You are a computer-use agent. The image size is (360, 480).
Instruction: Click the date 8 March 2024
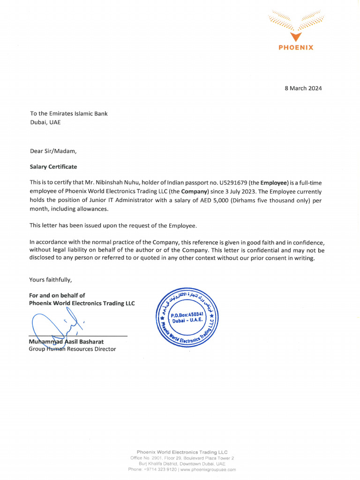click(x=303, y=88)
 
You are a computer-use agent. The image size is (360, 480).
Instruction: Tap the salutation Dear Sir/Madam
click(x=52, y=151)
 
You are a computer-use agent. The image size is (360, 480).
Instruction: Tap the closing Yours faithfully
click(x=51, y=280)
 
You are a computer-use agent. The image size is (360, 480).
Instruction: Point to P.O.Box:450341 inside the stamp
click(x=187, y=315)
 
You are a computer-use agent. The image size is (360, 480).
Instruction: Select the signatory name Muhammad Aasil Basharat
click(x=66, y=342)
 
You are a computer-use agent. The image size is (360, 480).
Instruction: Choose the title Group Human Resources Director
click(x=72, y=349)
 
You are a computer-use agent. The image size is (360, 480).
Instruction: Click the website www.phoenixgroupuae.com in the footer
click(x=208, y=469)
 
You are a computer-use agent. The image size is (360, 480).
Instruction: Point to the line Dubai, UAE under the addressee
click(x=45, y=122)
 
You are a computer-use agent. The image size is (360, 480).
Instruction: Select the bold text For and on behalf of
click(x=57, y=295)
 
